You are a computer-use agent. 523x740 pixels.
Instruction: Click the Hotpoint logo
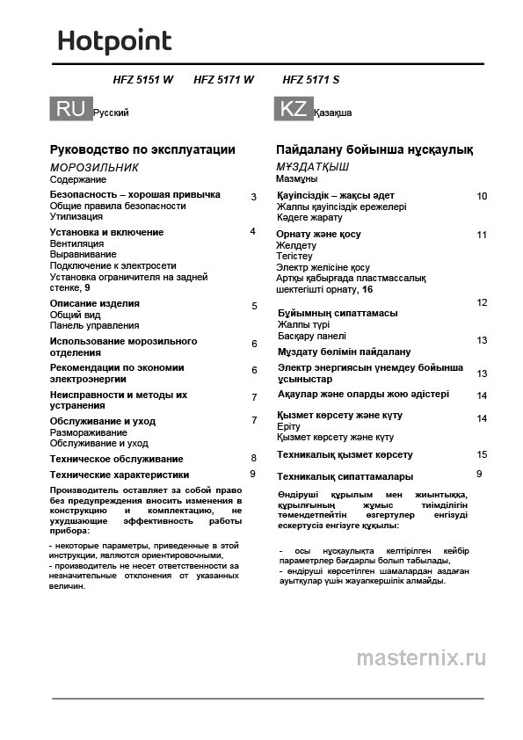click(114, 41)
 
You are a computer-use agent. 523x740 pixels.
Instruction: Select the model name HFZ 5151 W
click(143, 80)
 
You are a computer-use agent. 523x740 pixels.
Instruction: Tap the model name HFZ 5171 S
click(311, 80)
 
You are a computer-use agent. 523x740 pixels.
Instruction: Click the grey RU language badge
click(70, 109)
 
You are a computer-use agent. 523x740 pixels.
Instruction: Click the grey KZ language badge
click(293, 109)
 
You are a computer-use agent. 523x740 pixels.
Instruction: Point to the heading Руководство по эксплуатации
click(142, 149)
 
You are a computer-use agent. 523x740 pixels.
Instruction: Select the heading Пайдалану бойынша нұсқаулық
click(374, 149)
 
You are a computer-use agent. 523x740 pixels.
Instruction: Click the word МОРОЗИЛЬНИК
click(94, 167)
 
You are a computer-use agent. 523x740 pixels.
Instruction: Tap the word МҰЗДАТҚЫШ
click(313, 167)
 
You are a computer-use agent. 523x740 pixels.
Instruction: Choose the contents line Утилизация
click(76, 216)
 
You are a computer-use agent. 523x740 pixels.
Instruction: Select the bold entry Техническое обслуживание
click(117, 459)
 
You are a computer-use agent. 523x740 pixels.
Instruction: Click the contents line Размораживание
click(88, 432)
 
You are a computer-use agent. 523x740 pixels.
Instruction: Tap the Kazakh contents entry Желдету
click(296, 245)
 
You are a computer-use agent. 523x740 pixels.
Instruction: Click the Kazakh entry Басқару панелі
click(312, 336)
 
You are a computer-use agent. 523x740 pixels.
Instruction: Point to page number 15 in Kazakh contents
click(481, 454)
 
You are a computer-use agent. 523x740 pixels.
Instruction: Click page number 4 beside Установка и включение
click(252, 231)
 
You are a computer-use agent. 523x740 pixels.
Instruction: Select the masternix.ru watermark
click(421, 657)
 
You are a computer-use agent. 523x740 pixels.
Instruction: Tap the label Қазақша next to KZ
click(333, 113)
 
